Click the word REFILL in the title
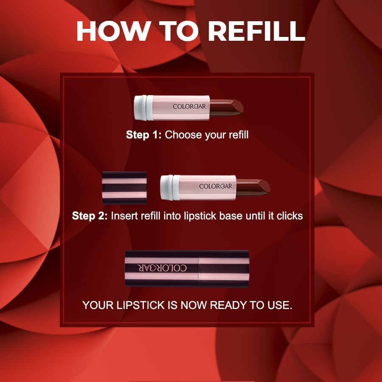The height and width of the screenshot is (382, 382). tap(257, 31)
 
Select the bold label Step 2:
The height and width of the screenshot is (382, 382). tap(90, 216)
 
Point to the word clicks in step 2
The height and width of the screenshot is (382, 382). tap(289, 216)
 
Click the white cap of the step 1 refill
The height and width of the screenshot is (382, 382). tap(143, 106)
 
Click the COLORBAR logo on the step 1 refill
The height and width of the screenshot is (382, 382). tap(190, 106)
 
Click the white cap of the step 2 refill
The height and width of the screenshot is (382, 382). tap(170, 187)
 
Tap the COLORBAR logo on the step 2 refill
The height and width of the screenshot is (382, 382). tap(216, 186)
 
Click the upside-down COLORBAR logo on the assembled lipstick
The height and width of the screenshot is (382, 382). tap(161, 268)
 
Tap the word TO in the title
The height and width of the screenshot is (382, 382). tap(177, 31)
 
